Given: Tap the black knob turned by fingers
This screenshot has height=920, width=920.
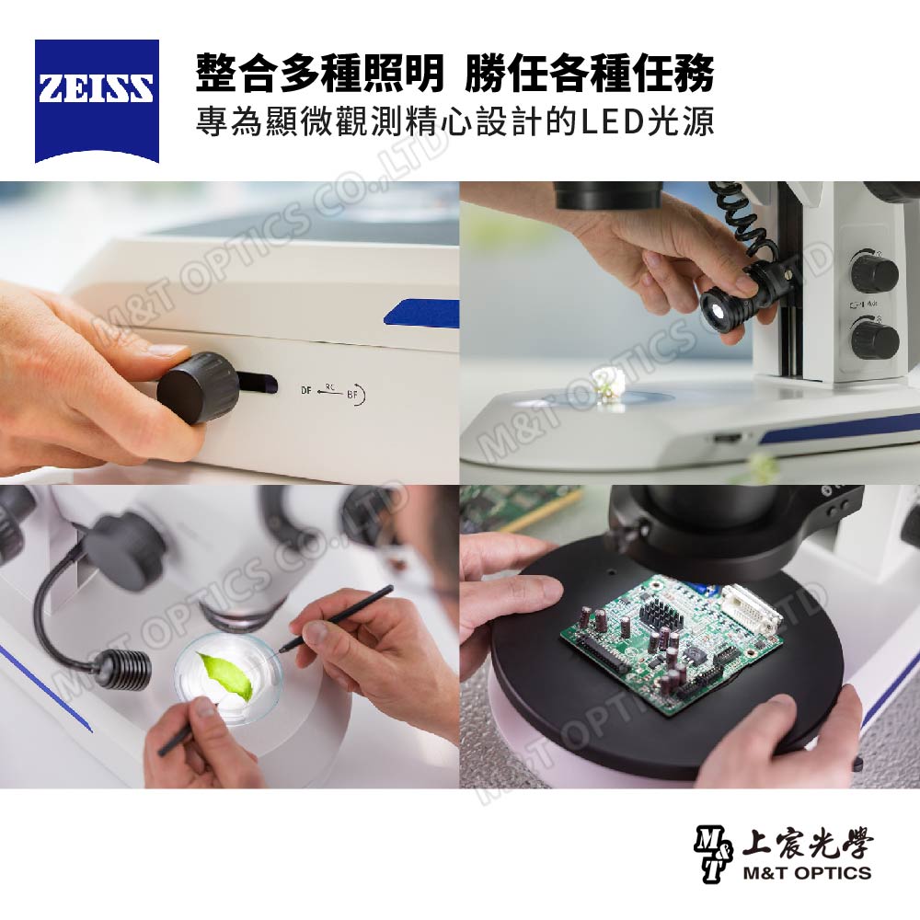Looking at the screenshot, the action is pos(198,387).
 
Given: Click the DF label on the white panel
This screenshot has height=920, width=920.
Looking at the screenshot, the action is pos(305,390).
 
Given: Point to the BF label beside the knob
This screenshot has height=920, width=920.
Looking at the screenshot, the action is pos(352,395).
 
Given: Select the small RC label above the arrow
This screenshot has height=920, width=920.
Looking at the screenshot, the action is pos(329,385).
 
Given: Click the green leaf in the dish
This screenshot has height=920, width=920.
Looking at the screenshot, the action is pos(226,674).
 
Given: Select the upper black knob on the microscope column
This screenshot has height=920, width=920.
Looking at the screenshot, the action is pos(874,271).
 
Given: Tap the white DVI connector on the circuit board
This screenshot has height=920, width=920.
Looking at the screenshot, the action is pos(751,610).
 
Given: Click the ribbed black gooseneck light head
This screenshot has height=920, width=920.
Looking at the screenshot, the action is pos(122,669).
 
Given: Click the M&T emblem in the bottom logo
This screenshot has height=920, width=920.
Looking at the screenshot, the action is pos(713,855).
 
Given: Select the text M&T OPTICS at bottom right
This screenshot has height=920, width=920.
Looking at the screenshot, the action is pos(807,872).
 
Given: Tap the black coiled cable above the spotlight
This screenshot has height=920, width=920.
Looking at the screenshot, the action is pos(741,223).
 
